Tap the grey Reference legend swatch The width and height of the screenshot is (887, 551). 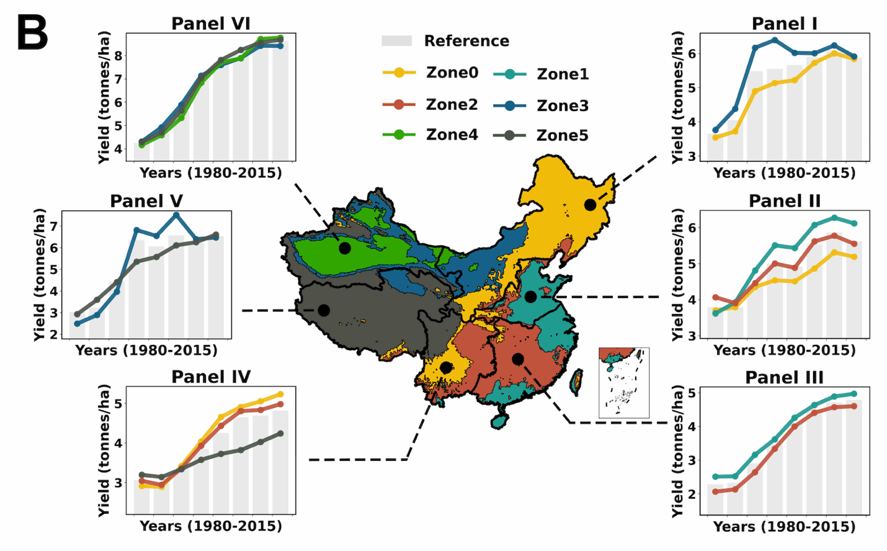pos(396,41)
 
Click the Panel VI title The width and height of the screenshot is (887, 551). pos(210,24)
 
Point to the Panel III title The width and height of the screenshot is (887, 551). pos(784,377)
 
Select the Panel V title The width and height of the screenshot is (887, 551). pos(146,201)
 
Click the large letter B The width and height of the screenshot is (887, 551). pos(32,34)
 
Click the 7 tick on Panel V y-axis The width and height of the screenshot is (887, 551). pos(54,226)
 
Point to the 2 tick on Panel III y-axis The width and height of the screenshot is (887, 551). pos(692,495)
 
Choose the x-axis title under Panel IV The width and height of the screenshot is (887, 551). pos(210,526)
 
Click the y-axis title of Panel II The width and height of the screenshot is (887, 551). pos(677,274)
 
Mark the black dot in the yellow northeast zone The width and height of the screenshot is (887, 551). pos(590,205)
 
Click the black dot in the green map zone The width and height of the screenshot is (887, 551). pos(345,248)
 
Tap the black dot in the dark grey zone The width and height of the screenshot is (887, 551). pos(324,310)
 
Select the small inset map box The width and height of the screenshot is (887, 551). pos(624,382)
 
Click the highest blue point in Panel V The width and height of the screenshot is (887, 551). pos(176,215)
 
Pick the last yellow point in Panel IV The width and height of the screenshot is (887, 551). pos(280,394)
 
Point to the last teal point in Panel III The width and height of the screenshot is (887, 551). pos(854,393)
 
